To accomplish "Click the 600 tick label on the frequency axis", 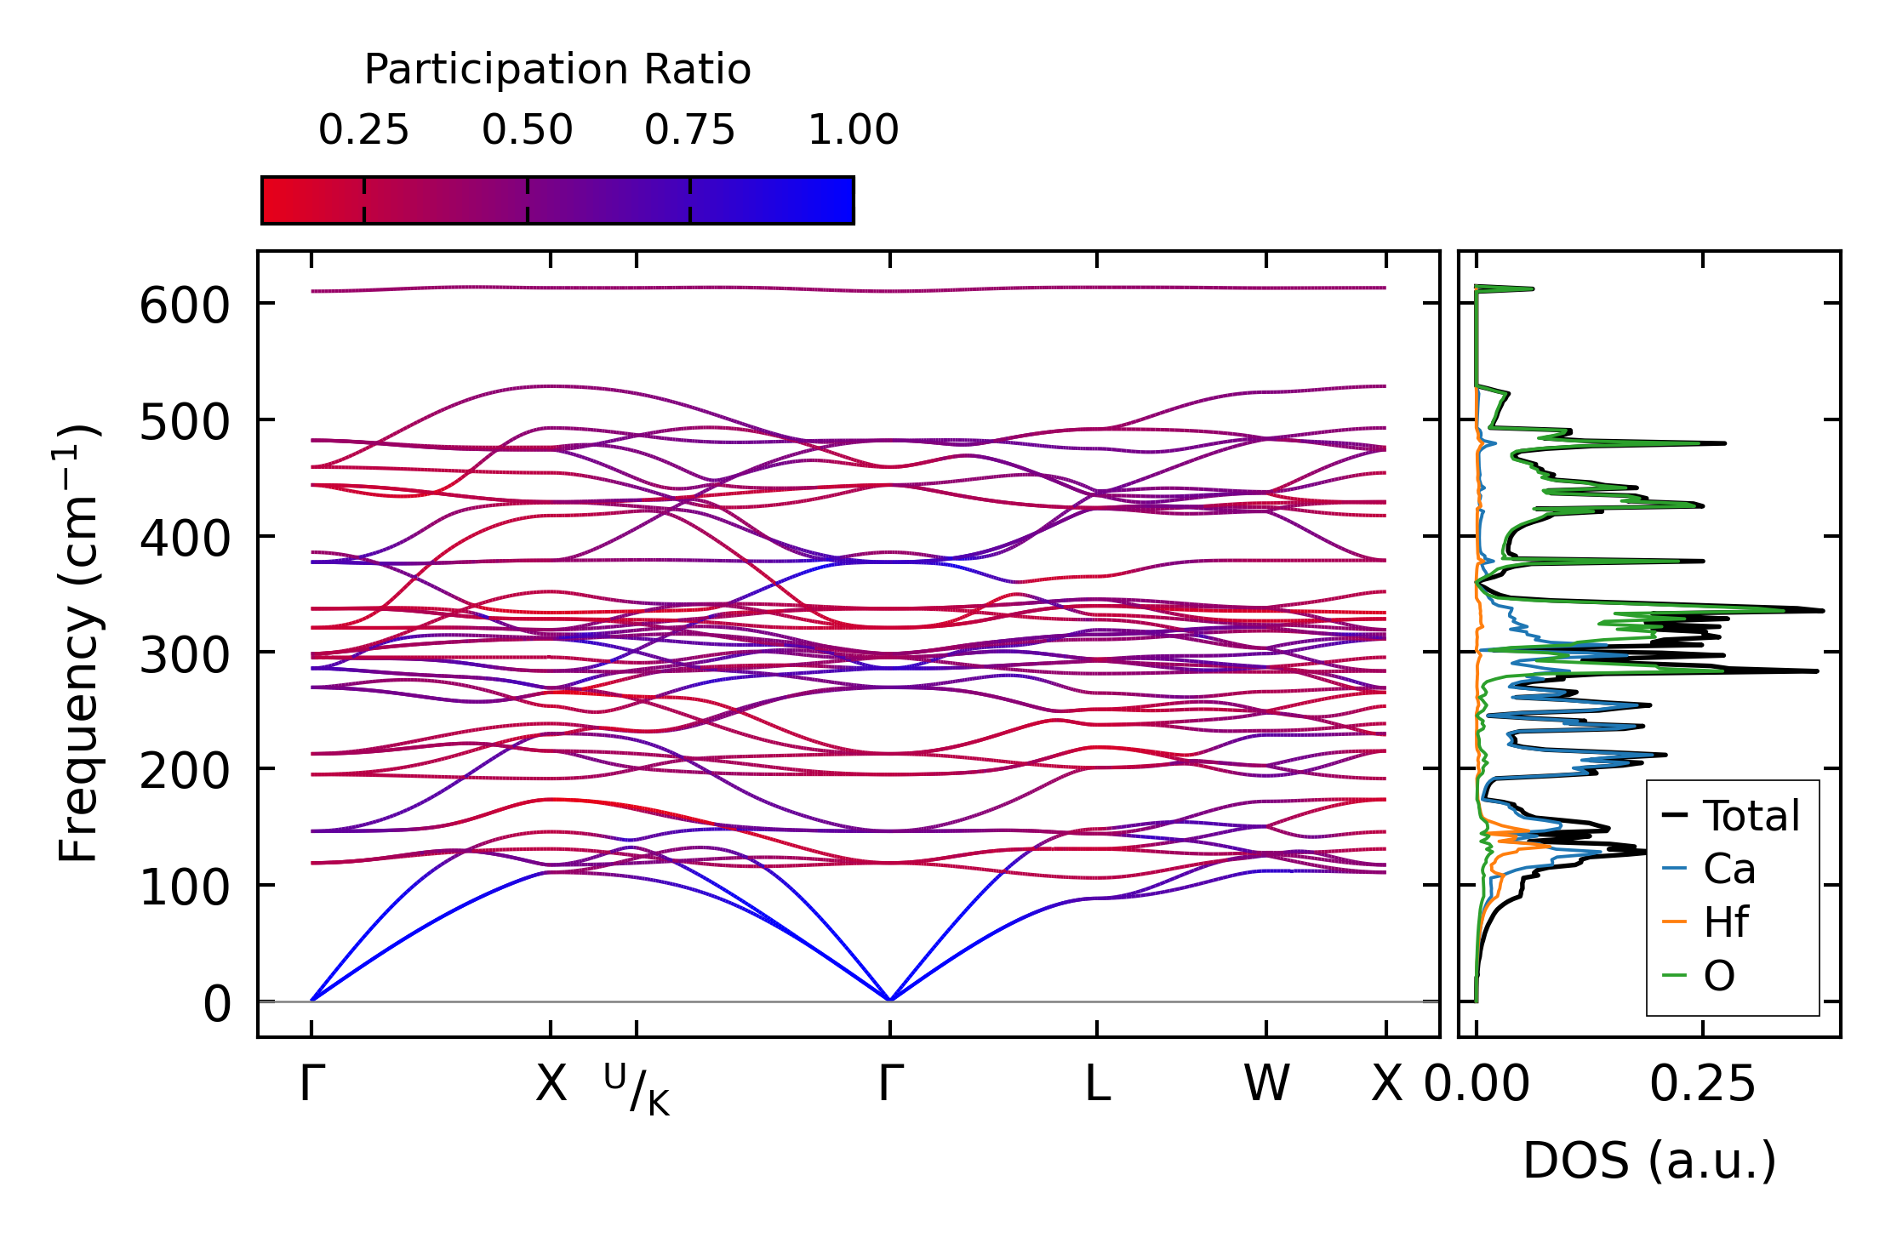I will (184, 306).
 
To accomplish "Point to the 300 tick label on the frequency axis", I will (184, 656).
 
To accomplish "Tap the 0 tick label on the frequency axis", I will (217, 1005).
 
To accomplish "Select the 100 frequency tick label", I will (184, 888).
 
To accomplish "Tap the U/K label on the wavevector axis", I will (637, 1090).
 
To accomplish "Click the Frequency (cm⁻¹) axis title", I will (78, 643).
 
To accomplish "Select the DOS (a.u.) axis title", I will (1649, 1161).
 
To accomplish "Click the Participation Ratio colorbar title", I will (557, 70).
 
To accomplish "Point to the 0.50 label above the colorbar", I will (527, 130).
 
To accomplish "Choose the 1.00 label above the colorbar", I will (853, 130).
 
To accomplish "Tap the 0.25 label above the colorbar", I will (363, 130).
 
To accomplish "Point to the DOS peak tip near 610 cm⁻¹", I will (1533, 289).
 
